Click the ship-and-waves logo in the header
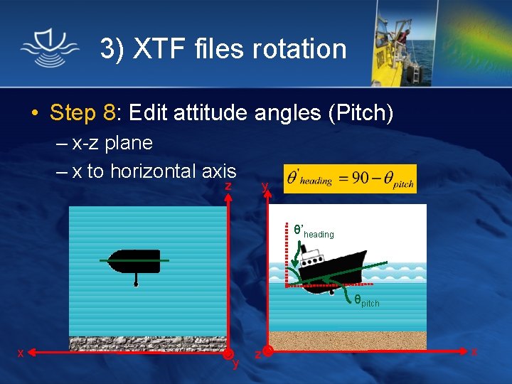tap(50, 48)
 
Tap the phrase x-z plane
tap(112, 143)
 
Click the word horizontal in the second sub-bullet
tap(152, 171)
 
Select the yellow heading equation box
tap(350, 179)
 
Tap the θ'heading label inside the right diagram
tap(314, 231)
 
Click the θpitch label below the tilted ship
tap(367, 302)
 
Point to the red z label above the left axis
tap(228, 186)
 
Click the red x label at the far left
tap(21, 353)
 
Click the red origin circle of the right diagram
tap(267, 351)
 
